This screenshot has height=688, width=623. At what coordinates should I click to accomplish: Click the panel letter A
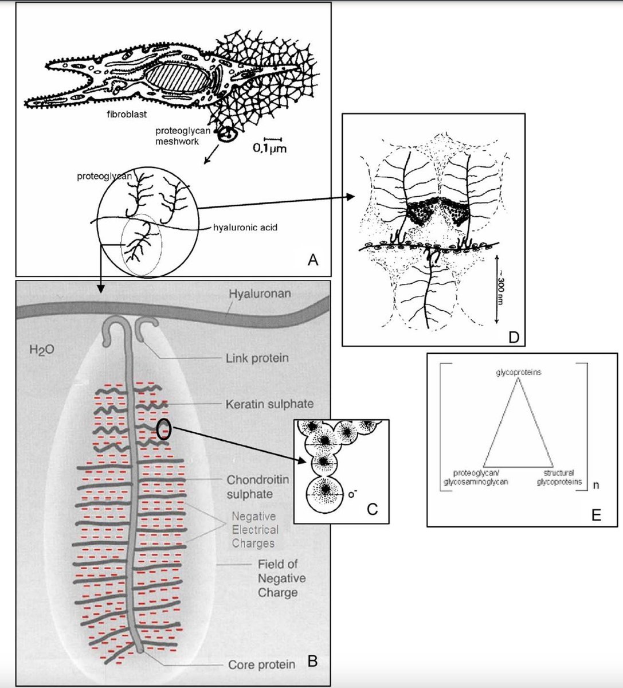312,260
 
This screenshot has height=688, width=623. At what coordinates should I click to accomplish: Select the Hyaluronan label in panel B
260,294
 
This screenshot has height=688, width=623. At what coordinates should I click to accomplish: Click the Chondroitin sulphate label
249,486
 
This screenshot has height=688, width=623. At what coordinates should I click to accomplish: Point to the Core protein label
261,665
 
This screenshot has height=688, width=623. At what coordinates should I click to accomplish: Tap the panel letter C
372,508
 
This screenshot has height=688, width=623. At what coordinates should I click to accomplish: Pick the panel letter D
513,337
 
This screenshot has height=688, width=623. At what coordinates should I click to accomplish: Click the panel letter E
596,514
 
